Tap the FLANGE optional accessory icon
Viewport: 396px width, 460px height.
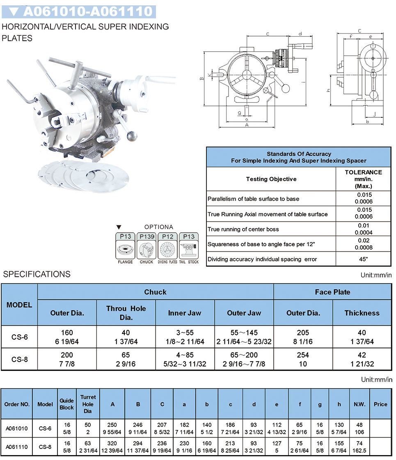pos(125,249)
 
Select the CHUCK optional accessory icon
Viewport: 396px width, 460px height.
pos(146,249)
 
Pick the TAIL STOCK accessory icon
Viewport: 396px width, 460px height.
pos(189,249)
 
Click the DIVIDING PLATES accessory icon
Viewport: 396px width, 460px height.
pos(167,249)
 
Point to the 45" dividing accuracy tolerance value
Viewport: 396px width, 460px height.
pos(363,259)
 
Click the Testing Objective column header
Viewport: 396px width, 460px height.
pos(271,179)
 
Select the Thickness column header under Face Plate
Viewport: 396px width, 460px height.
pos(362,313)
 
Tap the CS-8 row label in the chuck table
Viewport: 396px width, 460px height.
pos(19,359)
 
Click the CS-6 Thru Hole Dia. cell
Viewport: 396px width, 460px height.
pos(126,337)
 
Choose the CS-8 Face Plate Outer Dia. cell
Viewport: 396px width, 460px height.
pos(303,359)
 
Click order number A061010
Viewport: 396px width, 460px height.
pos(17,428)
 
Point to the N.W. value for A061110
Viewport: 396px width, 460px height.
pos(359,447)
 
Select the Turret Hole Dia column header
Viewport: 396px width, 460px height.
pos(88,404)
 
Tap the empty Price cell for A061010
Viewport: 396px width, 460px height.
pos(380,428)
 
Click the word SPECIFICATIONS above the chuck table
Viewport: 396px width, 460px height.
pos(37,274)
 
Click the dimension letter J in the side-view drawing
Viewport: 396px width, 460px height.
pos(374,114)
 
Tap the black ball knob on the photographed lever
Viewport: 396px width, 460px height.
pos(132,136)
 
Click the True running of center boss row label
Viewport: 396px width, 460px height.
pos(243,229)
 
